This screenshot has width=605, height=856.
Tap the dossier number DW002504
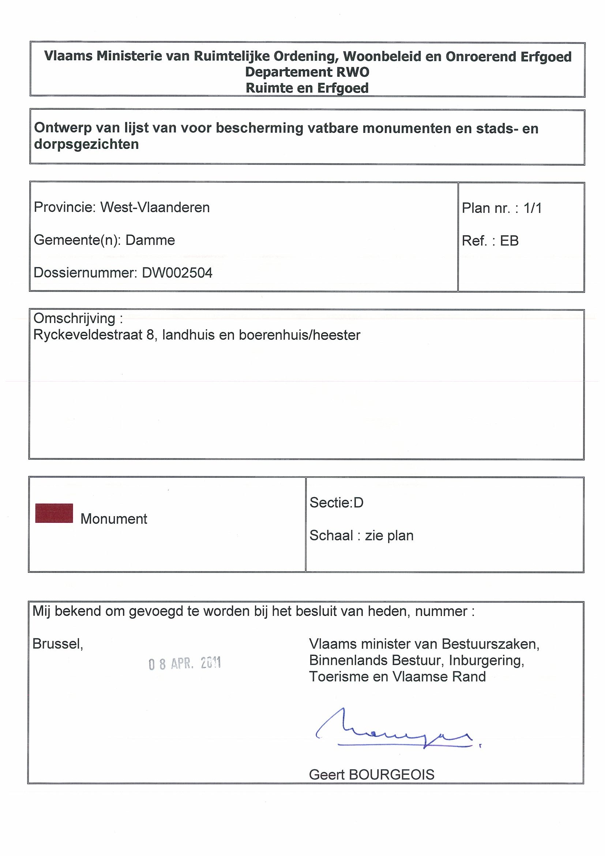pos(177,273)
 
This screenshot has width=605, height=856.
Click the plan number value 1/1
pos(532,208)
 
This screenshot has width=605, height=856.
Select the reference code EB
pos(509,241)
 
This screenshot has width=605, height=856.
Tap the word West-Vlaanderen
pos(155,207)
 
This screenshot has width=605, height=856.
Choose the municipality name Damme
pos(150,240)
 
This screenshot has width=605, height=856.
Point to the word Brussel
pos(58,644)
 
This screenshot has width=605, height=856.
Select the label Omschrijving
pos(75,318)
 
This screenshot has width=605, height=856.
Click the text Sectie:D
pos(336,503)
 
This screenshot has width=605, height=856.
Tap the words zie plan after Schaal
pos(389,536)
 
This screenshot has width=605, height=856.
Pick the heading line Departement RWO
pos(307,72)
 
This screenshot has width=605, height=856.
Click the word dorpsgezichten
pos(86,144)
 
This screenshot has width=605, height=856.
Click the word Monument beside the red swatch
pos(114,519)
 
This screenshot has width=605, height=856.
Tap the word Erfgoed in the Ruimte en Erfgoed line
pos(343,88)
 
